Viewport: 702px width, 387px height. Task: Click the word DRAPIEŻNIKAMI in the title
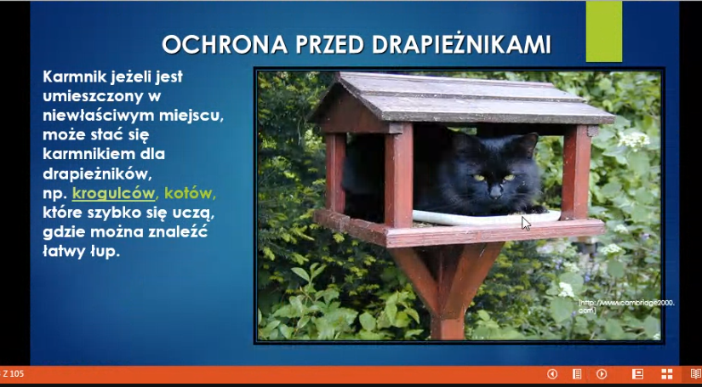pyautogui.click(x=461, y=44)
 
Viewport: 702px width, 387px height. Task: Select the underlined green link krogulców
pyautogui.click(x=113, y=193)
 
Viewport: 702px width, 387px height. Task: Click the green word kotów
pyautogui.click(x=191, y=193)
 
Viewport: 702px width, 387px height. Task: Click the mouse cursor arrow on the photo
pyautogui.click(x=526, y=223)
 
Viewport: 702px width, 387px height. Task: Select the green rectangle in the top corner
pyautogui.click(x=604, y=31)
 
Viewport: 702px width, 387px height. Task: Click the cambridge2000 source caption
pyautogui.click(x=626, y=306)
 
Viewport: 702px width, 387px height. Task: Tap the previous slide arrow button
pyautogui.click(x=552, y=374)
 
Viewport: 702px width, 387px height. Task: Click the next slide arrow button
pyautogui.click(x=602, y=374)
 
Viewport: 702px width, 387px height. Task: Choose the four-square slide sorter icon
pyautogui.click(x=667, y=374)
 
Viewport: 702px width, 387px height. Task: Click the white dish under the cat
pyautogui.click(x=486, y=218)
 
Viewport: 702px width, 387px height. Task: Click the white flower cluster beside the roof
pyautogui.click(x=634, y=140)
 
